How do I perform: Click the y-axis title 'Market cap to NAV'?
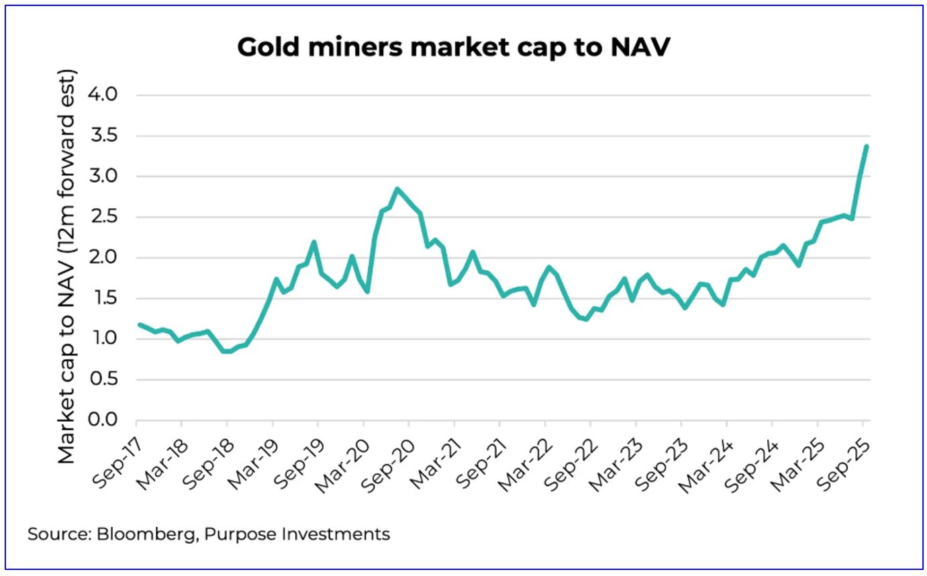(x=67, y=266)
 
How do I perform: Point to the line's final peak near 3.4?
(x=867, y=146)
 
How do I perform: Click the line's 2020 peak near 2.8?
(x=397, y=189)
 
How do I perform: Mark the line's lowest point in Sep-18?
(x=227, y=351)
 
